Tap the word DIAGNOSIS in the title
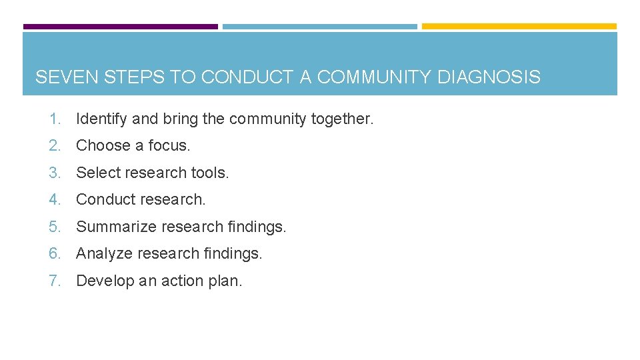pos(489,77)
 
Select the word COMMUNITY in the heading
pos(374,77)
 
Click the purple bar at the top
pos(120,27)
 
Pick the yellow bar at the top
pos(519,27)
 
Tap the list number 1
pos(54,119)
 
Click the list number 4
pos(54,199)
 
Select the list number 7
pos(54,281)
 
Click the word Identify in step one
pos(102,119)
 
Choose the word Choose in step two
pos(103,145)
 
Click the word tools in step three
pos(209,173)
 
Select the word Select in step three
pos(97,173)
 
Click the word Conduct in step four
pos(105,199)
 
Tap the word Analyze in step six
pos(104,253)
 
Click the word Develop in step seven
pos(103,281)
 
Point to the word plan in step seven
pos(226,281)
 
